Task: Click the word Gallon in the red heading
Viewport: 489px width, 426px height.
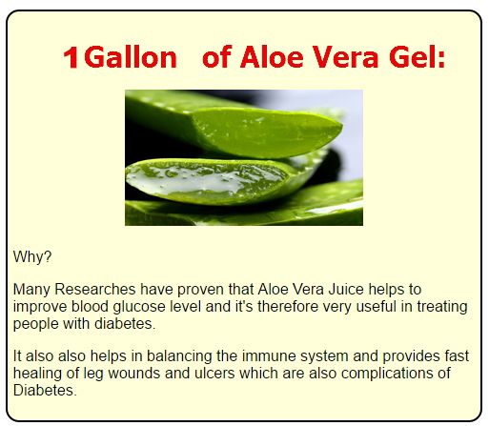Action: pos(131,57)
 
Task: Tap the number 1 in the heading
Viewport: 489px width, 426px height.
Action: pos(71,57)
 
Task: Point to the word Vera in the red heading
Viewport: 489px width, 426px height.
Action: pos(346,57)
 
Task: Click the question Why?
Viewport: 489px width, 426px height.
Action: pos(32,256)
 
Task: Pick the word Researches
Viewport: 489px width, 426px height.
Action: pos(95,290)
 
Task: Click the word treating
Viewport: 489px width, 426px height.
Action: pos(442,307)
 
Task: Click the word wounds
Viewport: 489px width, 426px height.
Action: pos(133,374)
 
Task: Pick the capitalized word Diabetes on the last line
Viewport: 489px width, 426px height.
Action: pos(45,391)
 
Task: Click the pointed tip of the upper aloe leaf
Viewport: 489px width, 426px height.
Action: pos(341,127)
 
